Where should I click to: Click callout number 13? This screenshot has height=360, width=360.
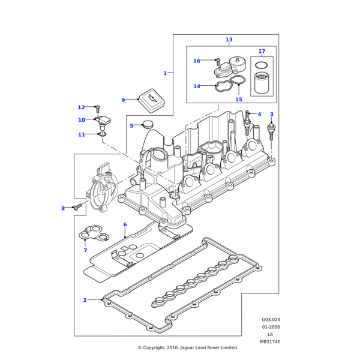coord(229,40)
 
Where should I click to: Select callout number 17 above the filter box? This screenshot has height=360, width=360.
coord(262,51)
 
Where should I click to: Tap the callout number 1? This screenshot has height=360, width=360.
coord(165,73)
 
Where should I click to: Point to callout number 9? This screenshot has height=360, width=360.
coord(123,100)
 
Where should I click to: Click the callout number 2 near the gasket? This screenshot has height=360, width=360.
coord(85,300)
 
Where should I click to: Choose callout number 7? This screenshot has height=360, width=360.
coord(85,250)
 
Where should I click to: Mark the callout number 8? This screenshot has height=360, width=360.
coord(62,208)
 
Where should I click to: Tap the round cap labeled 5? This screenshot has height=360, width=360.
coord(146,125)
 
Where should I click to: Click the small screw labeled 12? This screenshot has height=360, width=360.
coord(97,109)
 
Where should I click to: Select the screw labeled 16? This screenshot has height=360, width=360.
coord(217,61)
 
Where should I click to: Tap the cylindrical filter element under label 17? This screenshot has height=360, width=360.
coord(261,82)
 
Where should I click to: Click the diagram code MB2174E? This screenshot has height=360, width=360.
coord(270,342)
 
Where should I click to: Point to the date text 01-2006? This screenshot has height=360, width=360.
coord(271,327)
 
